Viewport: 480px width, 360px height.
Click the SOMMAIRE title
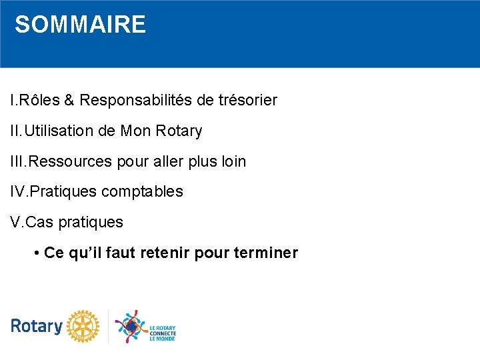pyautogui.click(x=80, y=25)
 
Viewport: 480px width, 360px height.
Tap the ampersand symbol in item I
pyautogui.click(x=71, y=101)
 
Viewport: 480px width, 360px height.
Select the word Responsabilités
pyautogui.click(x=135, y=101)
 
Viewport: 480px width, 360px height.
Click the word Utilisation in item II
pyautogui.click(x=58, y=131)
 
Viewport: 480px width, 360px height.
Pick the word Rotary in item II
pyautogui.click(x=179, y=131)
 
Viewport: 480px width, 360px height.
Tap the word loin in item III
pyautogui.click(x=233, y=161)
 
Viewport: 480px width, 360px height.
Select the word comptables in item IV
pyautogui.click(x=142, y=192)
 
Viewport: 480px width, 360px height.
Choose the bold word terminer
pyautogui.click(x=266, y=253)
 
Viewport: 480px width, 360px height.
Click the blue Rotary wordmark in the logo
pyautogui.click(x=36, y=326)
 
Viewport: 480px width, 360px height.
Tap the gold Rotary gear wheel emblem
pyautogui.click(x=82, y=326)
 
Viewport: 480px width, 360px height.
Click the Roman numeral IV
pyautogui.click(x=17, y=192)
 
